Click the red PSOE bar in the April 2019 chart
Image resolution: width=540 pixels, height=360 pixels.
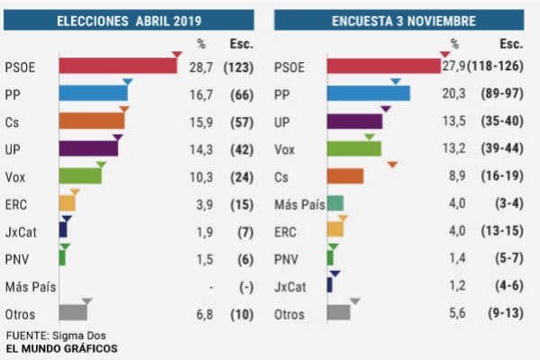tap(117, 66)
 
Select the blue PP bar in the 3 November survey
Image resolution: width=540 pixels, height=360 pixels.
tap(368, 94)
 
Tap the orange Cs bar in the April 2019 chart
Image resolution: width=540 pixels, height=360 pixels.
tap(91, 121)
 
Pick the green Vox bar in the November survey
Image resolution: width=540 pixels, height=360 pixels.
tap(354, 148)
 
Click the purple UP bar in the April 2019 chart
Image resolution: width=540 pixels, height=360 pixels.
tap(88, 148)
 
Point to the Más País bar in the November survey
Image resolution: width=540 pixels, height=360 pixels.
tap(335, 203)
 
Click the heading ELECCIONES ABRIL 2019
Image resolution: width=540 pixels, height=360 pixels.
tap(129, 19)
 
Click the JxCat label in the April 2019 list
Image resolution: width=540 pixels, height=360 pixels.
tap(21, 231)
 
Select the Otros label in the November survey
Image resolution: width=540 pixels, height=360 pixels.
tap(290, 314)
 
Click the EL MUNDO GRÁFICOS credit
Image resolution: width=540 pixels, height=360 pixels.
tap(61, 348)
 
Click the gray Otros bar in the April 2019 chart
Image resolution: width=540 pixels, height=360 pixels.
tap(73, 313)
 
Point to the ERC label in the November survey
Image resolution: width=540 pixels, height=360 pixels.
tap(287, 231)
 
